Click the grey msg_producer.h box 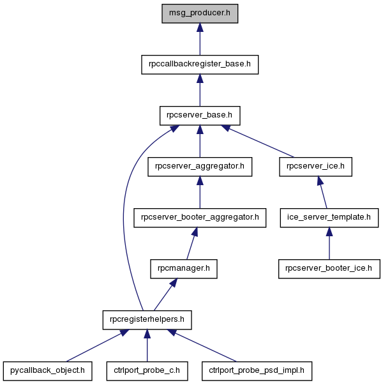200,13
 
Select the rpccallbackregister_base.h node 200,64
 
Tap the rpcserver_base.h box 200,116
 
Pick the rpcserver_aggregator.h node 200,167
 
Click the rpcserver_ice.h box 315,167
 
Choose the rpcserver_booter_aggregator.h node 200,218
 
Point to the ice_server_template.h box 329,218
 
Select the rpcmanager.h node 184,269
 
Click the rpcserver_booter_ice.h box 329,269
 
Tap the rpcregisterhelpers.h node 147,320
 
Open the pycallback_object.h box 48,371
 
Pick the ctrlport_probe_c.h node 147,371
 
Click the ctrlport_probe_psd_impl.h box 257,371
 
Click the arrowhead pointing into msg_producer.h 200,27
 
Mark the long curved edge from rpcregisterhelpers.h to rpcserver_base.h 123,216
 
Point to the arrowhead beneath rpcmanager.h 174,283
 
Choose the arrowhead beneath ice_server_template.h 329,232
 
